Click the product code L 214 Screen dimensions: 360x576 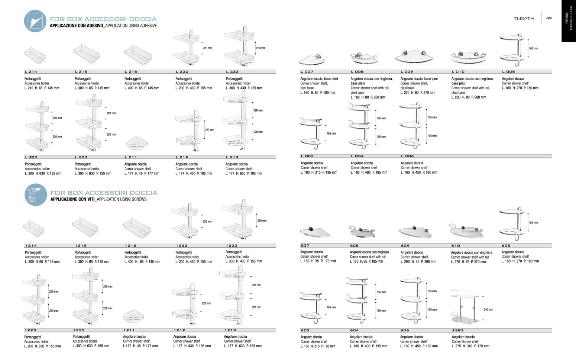point(31,71)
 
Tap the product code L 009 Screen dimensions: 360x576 point(407,71)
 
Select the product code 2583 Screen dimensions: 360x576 point(458,330)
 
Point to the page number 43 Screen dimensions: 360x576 point(549,18)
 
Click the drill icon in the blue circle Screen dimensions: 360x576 point(36,195)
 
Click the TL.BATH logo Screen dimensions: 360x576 point(524,18)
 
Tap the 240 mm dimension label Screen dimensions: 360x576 point(489,309)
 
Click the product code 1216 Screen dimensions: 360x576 point(130,245)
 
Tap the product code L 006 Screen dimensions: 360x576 point(407,156)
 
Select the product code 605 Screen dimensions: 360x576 point(506,245)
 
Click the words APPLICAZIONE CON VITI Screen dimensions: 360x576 point(73,199)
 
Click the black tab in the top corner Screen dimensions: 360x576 point(569,20)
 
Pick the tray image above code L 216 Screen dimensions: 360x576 point(137,54)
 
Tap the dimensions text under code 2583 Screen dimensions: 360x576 point(470,346)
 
